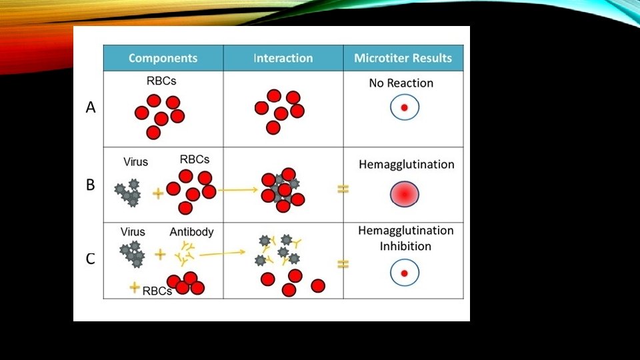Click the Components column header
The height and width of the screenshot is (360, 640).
[x=163, y=58]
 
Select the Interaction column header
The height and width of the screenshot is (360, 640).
[x=283, y=58]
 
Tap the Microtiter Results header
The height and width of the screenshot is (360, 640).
[x=403, y=58]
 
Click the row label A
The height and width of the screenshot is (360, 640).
[x=91, y=107]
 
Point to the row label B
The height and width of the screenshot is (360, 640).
[x=91, y=185]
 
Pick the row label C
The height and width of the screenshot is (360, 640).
[x=91, y=259]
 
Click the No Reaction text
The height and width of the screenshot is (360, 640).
[x=401, y=83]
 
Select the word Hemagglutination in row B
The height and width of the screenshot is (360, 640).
[x=406, y=164]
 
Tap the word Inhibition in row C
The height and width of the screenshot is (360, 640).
[x=405, y=246]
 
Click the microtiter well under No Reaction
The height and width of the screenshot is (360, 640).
[x=404, y=107]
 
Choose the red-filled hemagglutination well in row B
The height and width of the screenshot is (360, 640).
[x=405, y=194]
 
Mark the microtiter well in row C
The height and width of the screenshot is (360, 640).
[x=404, y=273]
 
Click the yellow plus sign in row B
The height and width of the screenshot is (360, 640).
[x=159, y=193]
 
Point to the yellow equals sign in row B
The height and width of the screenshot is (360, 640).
[x=343, y=189]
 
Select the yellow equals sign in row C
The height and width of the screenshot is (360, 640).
[x=343, y=264]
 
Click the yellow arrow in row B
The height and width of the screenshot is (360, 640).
[x=238, y=190]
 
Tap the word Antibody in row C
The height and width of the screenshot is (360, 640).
[x=191, y=232]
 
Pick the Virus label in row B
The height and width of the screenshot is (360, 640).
[x=136, y=161]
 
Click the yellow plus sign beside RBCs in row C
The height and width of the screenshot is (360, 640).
[x=135, y=287]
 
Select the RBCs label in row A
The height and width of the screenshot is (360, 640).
[x=161, y=82]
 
